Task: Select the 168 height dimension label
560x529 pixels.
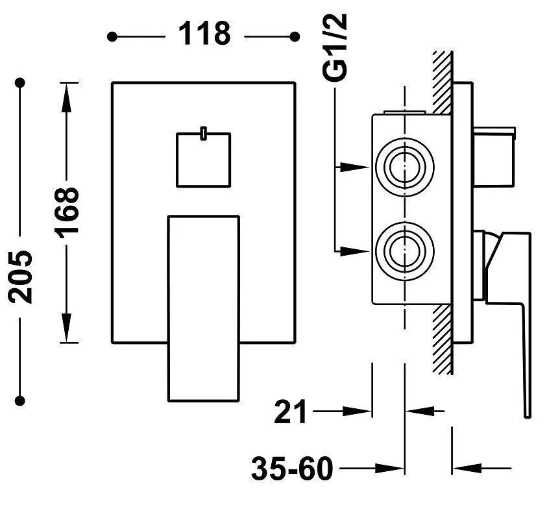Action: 67,212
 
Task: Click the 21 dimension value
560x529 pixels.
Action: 290,411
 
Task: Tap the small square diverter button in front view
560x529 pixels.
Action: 203,159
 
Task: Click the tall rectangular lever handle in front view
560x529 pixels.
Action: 203,308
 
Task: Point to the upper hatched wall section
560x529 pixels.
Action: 443,81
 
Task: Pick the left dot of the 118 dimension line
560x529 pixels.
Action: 112,36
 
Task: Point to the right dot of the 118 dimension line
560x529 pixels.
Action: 295,36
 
